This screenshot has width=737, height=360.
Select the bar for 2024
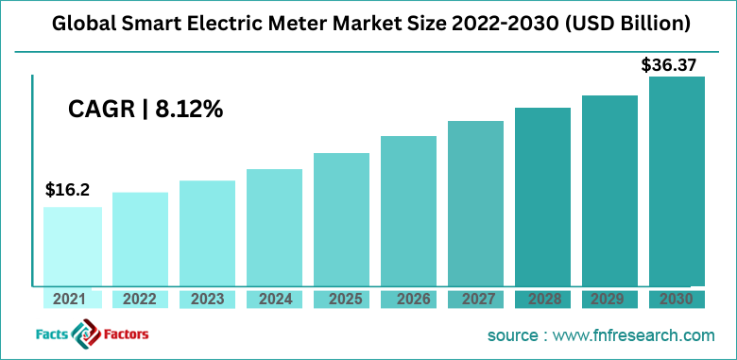pyautogui.click(x=274, y=227)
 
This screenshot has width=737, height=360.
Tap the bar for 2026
pyautogui.click(x=408, y=210)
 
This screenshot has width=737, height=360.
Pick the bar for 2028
pyautogui.click(x=542, y=196)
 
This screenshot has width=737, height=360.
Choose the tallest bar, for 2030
pyautogui.click(x=677, y=180)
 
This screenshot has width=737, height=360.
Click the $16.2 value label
pyautogui.click(x=67, y=190)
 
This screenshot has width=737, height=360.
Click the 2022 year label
pyautogui.click(x=139, y=300)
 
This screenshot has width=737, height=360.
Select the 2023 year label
pyautogui.click(x=207, y=300)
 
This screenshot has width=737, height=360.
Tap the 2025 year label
pyautogui.click(x=341, y=300)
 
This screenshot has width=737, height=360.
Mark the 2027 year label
pyautogui.click(x=475, y=300)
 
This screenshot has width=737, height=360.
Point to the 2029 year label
pyautogui.click(x=609, y=300)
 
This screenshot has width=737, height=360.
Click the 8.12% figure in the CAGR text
pyautogui.click(x=189, y=110)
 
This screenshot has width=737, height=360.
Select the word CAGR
pyautogui.click(x=101, y=110)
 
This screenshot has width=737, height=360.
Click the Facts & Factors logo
pyautogui.click(x=86, y=334)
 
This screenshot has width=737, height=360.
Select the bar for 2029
pyautogui.click(x=609, y=189)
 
